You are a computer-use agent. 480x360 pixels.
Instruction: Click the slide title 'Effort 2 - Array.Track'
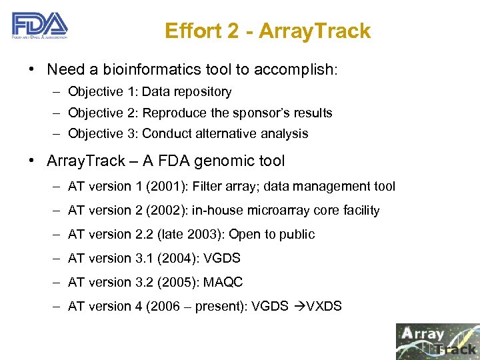point(267,31)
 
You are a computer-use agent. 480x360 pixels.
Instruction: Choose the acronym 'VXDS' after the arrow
point(323,307)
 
